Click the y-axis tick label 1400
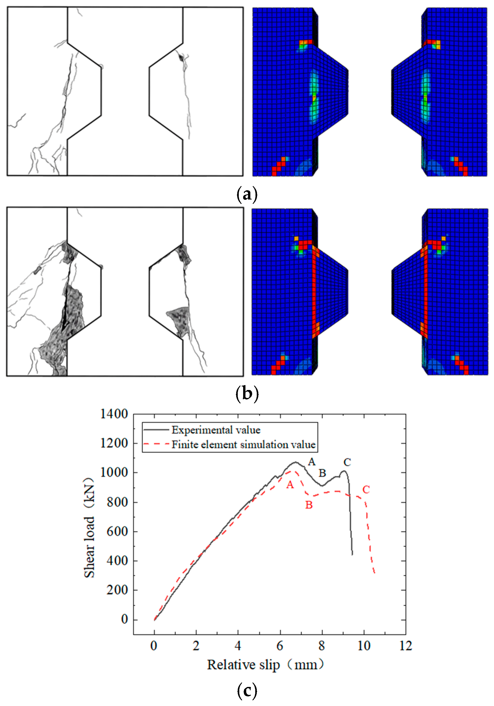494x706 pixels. (114, 414)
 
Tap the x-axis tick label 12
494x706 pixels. (405, 646)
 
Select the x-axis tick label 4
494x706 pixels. (238, 646)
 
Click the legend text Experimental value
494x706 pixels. (216, 430)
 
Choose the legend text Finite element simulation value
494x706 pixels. (243, 445)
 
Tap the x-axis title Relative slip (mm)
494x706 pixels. (266, 665)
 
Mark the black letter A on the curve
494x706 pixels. (312, 462)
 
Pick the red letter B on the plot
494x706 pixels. (309, 505)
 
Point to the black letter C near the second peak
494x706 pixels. (347, 462)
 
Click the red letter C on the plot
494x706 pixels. (366, 489)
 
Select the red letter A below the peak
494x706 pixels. (290, 485)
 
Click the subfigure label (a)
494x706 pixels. (247, 194)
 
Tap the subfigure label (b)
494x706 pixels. (247, 394)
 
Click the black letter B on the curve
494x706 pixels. (322, 473)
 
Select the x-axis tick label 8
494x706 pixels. (321, 646)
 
